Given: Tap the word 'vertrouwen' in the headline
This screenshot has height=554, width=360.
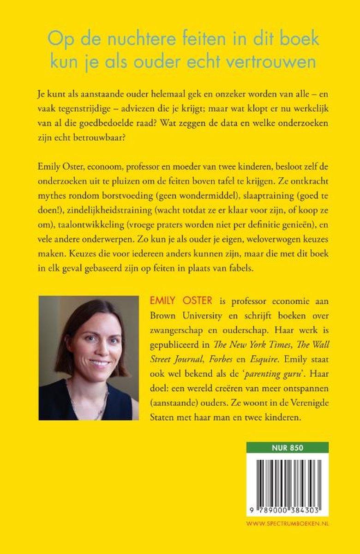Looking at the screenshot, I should tap(277, 61).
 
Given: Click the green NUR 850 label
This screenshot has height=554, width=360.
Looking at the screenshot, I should tap(288, 447).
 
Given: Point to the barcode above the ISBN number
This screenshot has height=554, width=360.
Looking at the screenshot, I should tap(288, 478).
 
